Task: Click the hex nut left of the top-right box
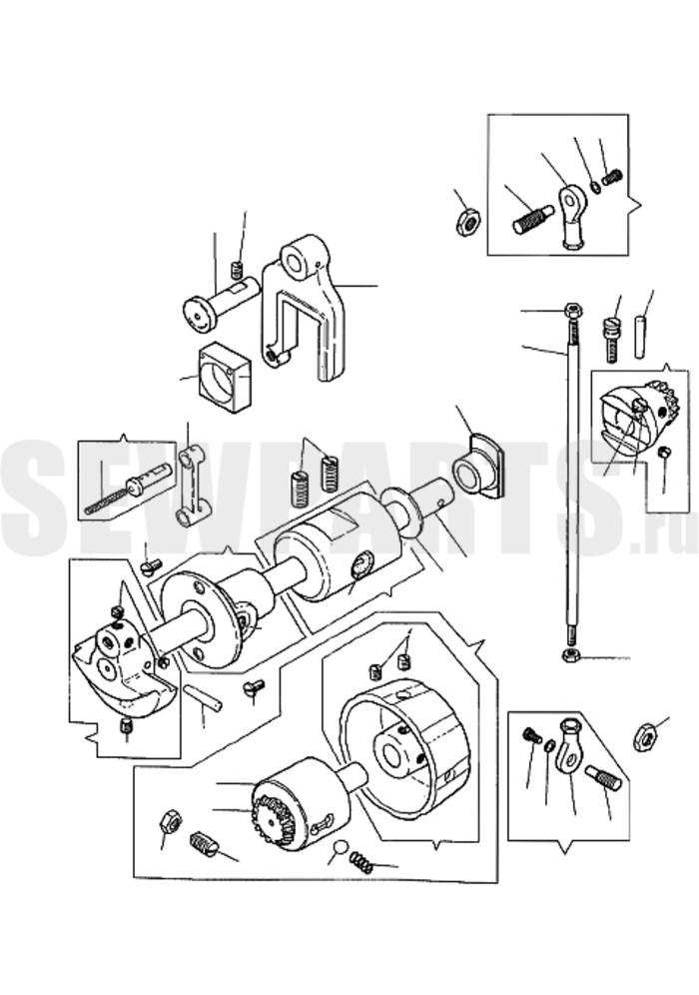tap(468, 221)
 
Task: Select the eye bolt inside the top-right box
tap(572, 216)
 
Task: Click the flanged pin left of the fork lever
tap(219, 304)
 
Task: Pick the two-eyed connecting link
tap(192, 487)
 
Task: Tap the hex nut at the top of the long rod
tap(573, 311)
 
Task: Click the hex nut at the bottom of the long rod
tap(571, 654)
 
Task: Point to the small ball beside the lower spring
tap(340, 847)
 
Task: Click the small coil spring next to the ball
tap(362, 861)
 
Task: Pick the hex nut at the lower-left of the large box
tap(170, 821)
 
